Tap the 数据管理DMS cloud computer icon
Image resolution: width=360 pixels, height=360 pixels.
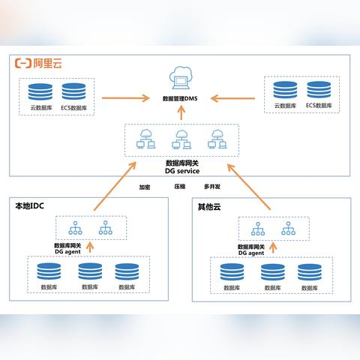(x=181, y=78)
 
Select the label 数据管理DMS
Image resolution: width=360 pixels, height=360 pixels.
(x=181, y=98)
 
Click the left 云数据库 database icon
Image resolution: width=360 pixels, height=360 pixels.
(x=40, y=92)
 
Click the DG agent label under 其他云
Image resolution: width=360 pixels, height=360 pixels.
(x=251, y=253)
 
